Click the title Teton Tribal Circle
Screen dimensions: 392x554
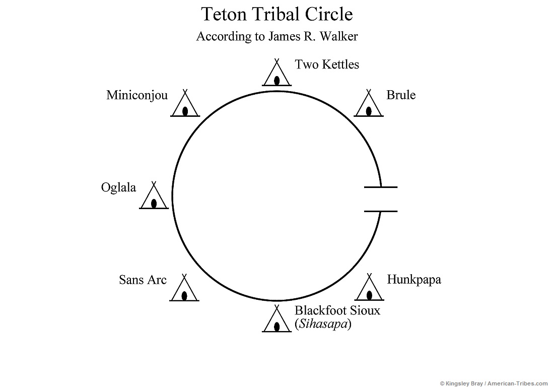pos(276,14)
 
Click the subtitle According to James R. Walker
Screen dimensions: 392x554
pos(276,36)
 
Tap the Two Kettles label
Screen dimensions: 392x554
pos(326,64)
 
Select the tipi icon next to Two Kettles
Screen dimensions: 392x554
pos(276,75)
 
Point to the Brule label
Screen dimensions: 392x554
pos(401,95)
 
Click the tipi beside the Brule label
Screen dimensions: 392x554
pos(369,106)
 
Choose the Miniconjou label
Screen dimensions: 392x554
pos(137,95)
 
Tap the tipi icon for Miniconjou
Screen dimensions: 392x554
pos(185,106)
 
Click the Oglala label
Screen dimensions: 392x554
pos(118,187)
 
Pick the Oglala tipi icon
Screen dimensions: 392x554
pos(154,198)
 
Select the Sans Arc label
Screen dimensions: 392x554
pos(143,280)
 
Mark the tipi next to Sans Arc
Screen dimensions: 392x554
pos(185,291)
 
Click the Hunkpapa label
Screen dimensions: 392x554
pos(413,280)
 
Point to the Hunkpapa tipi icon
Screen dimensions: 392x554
pos(370,290)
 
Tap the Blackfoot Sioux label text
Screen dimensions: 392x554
pos(337,310)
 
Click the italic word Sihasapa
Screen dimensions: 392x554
pos(322,324)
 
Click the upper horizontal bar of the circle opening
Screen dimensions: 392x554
pos(380,187)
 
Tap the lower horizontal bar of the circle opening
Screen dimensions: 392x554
pos(380,211)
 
